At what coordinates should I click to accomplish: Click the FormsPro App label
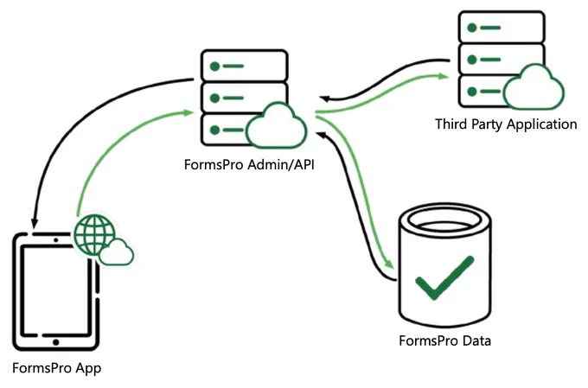pyautogui.click(x=56, y=368)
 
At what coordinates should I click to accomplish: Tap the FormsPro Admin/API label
pyautogui.click(x=249, y=164)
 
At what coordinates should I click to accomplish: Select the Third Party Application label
pyautogui.click(x=506, y=124)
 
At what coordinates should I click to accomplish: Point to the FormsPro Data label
pyautogui.click(x=444, y=340)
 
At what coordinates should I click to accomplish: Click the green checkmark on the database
pyautogui.click(x=444, y=277)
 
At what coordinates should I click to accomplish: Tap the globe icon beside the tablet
pyautogui.click(x=94, y=235)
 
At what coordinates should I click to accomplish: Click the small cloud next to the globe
pyautogui.click(x=116, y=252)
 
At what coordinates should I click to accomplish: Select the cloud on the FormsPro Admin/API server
pyautogui.click(x=277, y=125)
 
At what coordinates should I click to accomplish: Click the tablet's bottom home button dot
pyautogui.click(x=56, y=342)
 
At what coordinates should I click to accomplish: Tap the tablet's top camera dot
pyautogui.click(x=56, y=240)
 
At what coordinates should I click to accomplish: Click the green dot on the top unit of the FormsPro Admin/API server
pyautogui.click(x=214, y=67)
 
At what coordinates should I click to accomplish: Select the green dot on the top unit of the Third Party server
pyautogui.click(x=472, y=28)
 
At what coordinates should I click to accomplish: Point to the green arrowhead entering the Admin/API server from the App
pyautogui.click(x=189, y=112)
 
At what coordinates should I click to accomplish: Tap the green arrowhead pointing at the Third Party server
pyautogui.click(x=444, y=76)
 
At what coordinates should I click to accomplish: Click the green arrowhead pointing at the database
pyautogui.click(x=390, y=264)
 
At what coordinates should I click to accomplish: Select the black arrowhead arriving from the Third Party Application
pyautogui.click(x=325, y=99)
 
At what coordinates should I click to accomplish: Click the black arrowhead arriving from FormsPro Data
pyautogui.click(x=322, y=134)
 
